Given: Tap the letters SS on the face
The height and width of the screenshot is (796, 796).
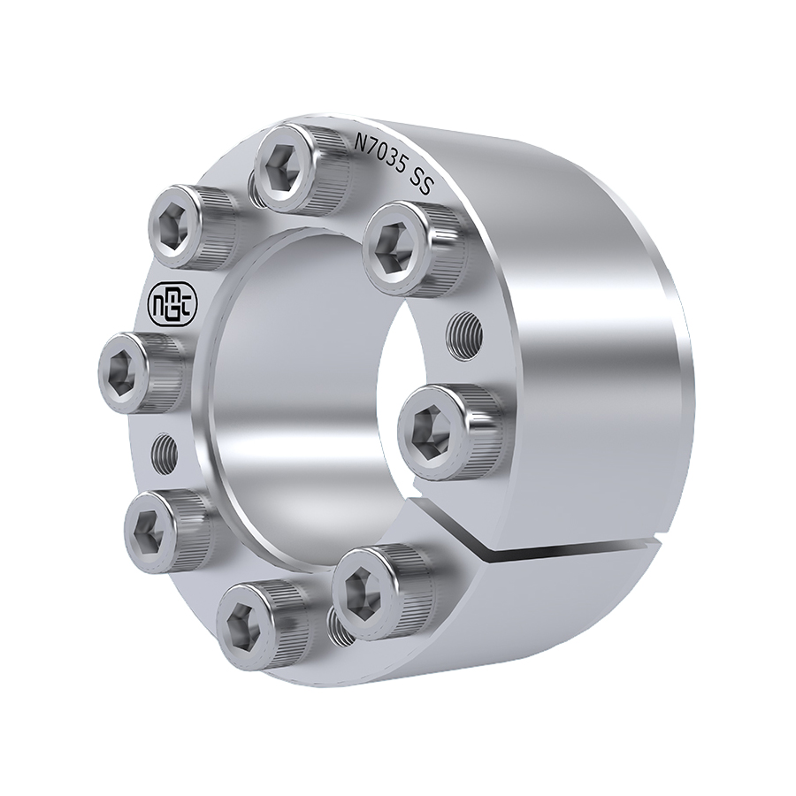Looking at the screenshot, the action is click(x=420, y=181).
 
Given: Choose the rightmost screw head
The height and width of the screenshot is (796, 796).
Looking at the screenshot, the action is click(x=447, y=432).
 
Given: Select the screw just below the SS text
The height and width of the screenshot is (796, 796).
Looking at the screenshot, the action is click(x=414, y=249).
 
